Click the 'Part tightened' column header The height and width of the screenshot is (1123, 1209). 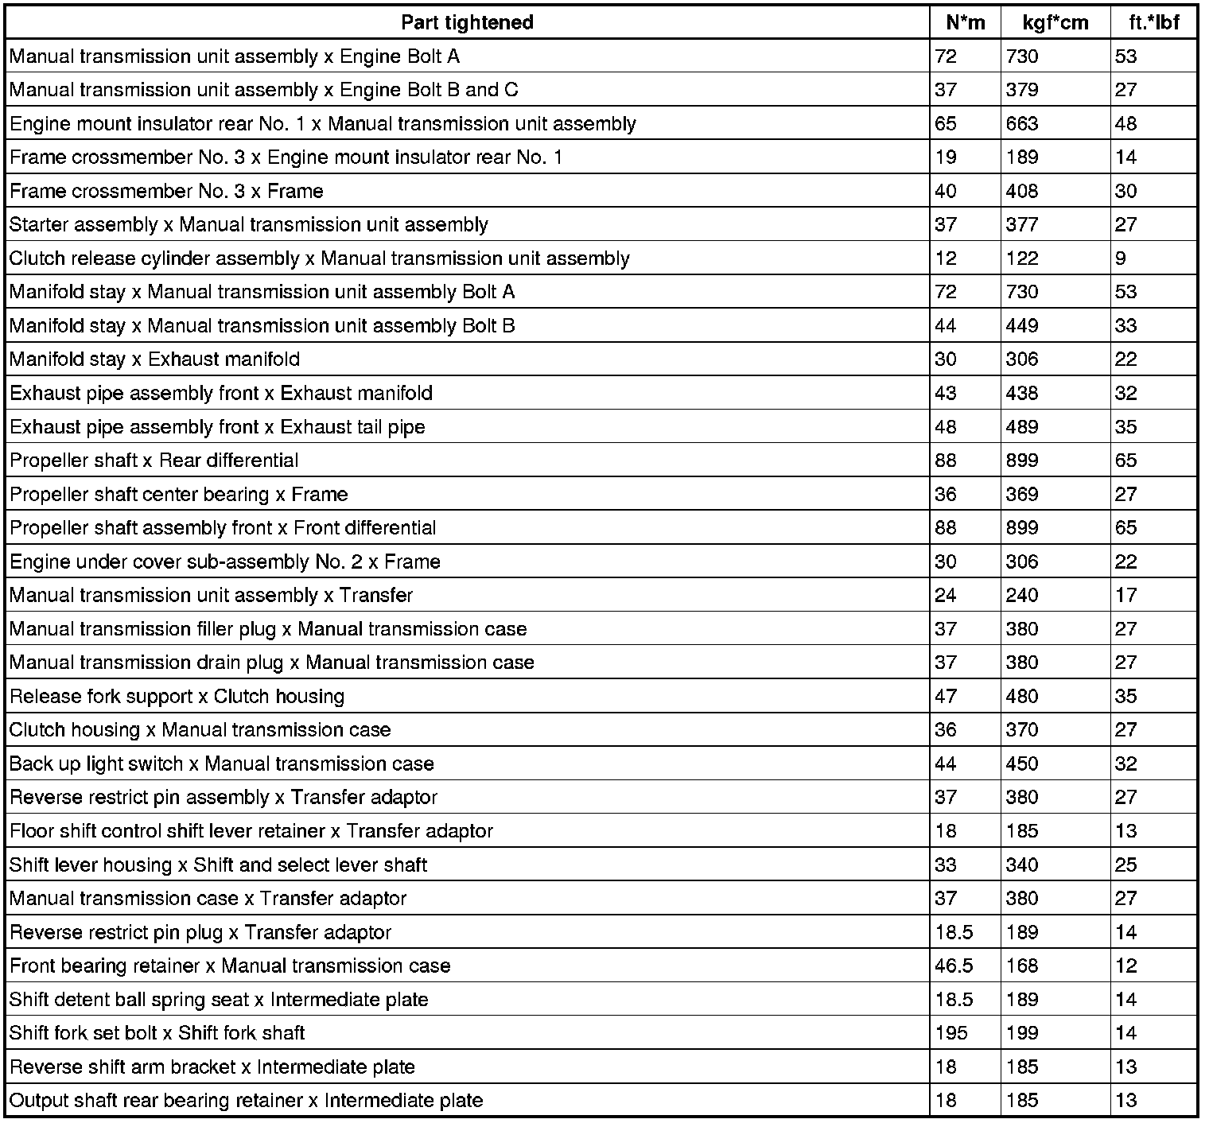click(467, 22)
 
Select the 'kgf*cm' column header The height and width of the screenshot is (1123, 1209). click(1055, 22)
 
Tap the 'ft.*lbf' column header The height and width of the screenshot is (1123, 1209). click(1153, 22)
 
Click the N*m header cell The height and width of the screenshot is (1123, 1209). click(965, 22)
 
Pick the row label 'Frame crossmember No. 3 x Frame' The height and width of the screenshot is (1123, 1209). click(166, 191)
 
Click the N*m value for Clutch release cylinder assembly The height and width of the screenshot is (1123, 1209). click(946, 258)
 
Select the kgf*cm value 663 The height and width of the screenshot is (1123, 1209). click(1021, 124)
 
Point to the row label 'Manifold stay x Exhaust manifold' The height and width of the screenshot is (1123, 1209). click(154, 359)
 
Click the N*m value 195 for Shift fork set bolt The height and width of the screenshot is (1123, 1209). click(951, 1033)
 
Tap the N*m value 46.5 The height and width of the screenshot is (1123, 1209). click(954, 966)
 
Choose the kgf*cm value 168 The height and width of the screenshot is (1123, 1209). click(1021, 966)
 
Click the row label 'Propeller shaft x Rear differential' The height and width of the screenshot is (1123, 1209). click(154, 460)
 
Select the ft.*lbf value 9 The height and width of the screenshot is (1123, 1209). click(1121, 258)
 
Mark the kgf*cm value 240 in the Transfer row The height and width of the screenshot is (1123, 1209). click(1021, 596)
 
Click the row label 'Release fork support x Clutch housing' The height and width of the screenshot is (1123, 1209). click(177, 697)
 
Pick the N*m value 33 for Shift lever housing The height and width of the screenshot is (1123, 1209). click(946, 865)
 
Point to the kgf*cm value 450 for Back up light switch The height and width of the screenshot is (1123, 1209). click(1021, 764)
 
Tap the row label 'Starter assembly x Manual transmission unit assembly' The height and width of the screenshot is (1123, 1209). click(248, 225)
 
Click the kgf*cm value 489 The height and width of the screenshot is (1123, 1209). click(1021, 427)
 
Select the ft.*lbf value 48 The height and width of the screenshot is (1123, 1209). click(1125, 124)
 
